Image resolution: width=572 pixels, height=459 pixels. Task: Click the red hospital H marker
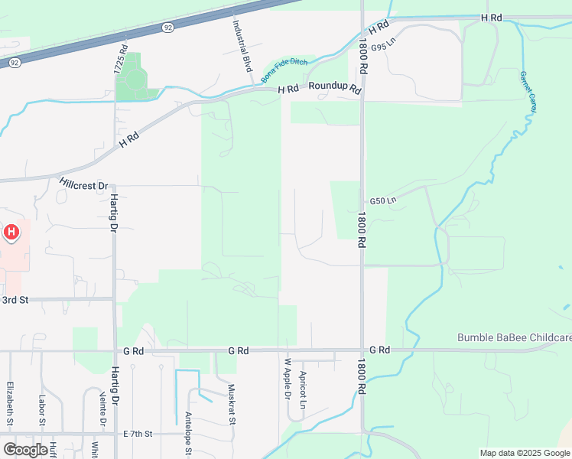click(11, 232)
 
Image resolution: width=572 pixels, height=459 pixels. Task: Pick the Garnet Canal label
click(527, 93)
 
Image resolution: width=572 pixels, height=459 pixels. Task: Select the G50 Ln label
click(383, 201)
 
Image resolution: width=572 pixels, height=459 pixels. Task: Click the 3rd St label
click(15, 300)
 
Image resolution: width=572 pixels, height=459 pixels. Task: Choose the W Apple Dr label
click(288, 379)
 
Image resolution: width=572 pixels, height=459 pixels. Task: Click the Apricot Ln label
click(304, 389)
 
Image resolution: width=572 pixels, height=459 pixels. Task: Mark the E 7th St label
click(138, 434)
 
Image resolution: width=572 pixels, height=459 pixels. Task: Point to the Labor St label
click(41, 410)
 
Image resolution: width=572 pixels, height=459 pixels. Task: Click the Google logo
click(26, 449)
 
